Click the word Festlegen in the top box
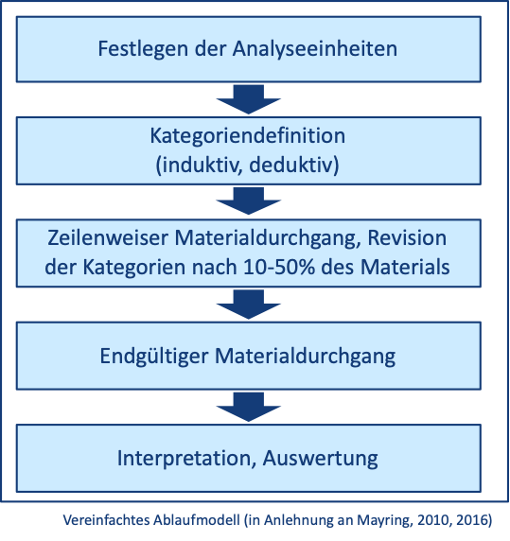click(x=143, y=49)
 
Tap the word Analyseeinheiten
click(x=315, y=48)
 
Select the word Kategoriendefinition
click(x=248, y=135)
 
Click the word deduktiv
click(x=291, y=165)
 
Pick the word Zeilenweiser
click(x=108, y=238)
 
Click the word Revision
click(x=407, y=238)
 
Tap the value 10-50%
click(x=279, y=267)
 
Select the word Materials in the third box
click(x=405, y=267)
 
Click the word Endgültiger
click(x=154, y=357)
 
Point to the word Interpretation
click(x=186, y=459)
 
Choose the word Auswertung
click(x=320, y=459)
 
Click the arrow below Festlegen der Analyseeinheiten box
click(x=249, y=99)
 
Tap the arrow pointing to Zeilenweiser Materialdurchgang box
click(x=249, y=201)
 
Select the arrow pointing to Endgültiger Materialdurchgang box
click(x=249, y=305)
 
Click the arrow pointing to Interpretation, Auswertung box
click(x=249, y=407)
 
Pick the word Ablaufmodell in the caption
click(x=197, y=519)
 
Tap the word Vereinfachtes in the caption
click(x=106, y=519)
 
